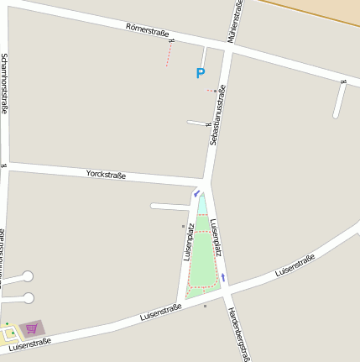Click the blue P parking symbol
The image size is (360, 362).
point(200,74)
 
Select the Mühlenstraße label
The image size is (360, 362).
point(237,21)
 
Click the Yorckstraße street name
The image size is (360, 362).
point(106,175)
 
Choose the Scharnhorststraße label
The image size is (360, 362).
point(4,83)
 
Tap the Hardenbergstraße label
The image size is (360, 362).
point(238,333)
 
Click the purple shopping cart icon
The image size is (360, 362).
point(32,328)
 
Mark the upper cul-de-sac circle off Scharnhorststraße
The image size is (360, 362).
point(28,275)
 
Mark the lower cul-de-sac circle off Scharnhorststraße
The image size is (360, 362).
point(29,297)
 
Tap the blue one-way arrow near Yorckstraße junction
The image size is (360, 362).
point(196,193)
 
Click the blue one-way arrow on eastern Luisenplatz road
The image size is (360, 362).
point(224,277)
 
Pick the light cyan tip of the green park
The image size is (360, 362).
point(202,204)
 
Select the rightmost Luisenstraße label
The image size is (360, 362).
point(295,265)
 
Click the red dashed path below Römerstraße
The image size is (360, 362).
point(169,55)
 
